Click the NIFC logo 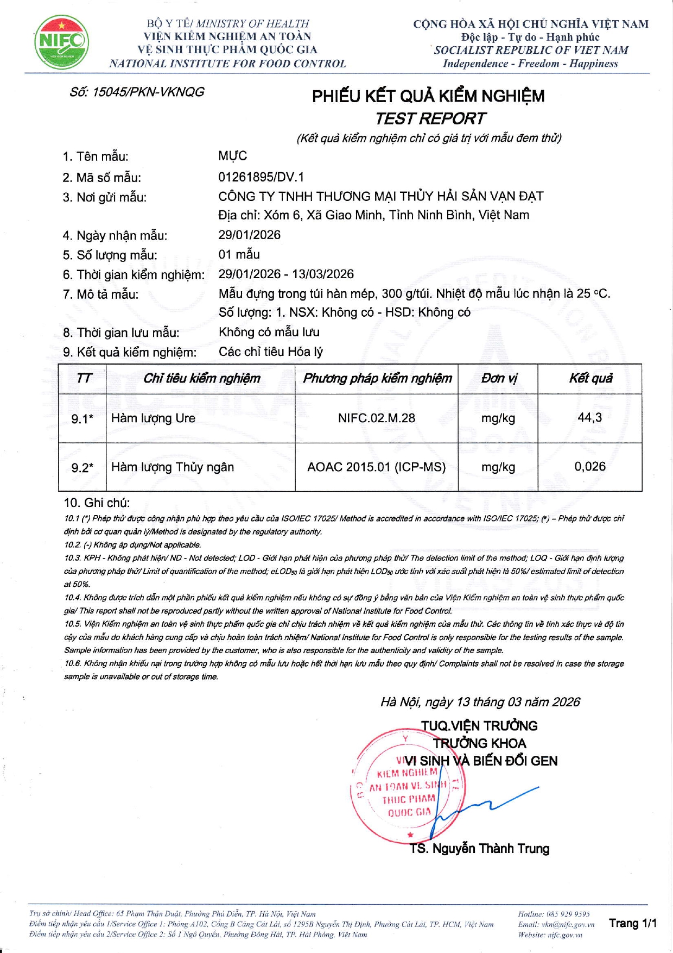pos(61,42)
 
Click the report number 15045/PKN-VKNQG pos(137,92)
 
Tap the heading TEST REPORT pos(430,118)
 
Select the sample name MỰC pos(232,156)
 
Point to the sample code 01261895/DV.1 pos(261,177)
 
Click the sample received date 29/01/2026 pos(249,235)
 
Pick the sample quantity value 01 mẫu pos(239,254)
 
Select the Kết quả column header pos(590,378)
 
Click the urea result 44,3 pos(589,417)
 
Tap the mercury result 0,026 pos(590,466)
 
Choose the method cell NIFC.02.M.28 pos(376,418)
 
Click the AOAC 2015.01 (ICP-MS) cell pos(376,467)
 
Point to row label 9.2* pos(82,467)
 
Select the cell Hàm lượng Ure pos(153,418)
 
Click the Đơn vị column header pos(498,378)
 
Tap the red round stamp pos(404,788)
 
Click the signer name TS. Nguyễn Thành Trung pos(480,849)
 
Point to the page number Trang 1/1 pos(632,923)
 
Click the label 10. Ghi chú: pos(97,503)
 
